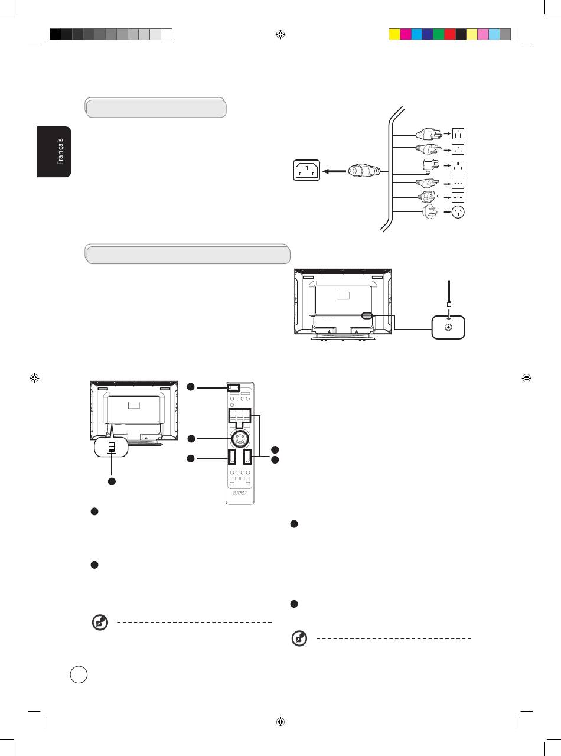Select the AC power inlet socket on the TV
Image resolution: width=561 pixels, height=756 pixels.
306,172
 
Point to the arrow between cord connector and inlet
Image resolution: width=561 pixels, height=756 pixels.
334,172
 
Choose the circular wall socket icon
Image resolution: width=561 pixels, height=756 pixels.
458,213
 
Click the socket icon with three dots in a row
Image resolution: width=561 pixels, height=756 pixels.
458,183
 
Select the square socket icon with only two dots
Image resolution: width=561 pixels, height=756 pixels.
458,197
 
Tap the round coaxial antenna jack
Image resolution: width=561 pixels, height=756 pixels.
448,327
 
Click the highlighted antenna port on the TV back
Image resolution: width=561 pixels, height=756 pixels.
365,316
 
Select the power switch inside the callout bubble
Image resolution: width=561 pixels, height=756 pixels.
110,448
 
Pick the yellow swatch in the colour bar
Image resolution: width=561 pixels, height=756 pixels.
394,34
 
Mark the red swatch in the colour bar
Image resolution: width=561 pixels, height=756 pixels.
449,34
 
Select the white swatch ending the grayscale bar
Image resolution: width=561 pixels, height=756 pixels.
167,34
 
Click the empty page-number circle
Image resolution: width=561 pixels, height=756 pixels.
79,674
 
